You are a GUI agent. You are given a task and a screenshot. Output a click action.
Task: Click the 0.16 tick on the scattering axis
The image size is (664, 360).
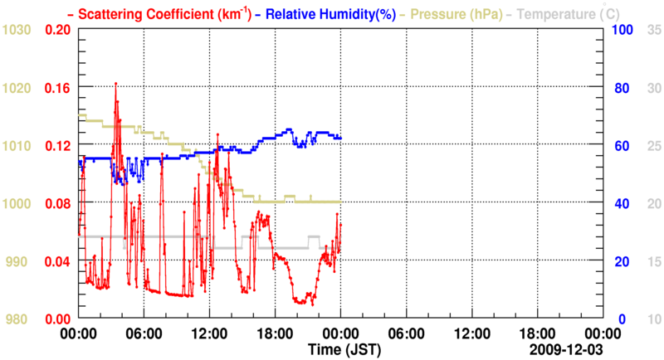point(57,87)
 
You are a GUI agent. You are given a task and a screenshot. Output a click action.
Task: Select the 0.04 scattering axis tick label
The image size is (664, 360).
point(57,261)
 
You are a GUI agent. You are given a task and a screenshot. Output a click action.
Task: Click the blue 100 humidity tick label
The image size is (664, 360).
point(622,29)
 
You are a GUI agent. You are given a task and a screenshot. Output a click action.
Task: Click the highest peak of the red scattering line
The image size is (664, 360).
point(115,83)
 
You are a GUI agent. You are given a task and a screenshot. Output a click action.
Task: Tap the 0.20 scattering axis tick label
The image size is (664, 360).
point(57,29)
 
